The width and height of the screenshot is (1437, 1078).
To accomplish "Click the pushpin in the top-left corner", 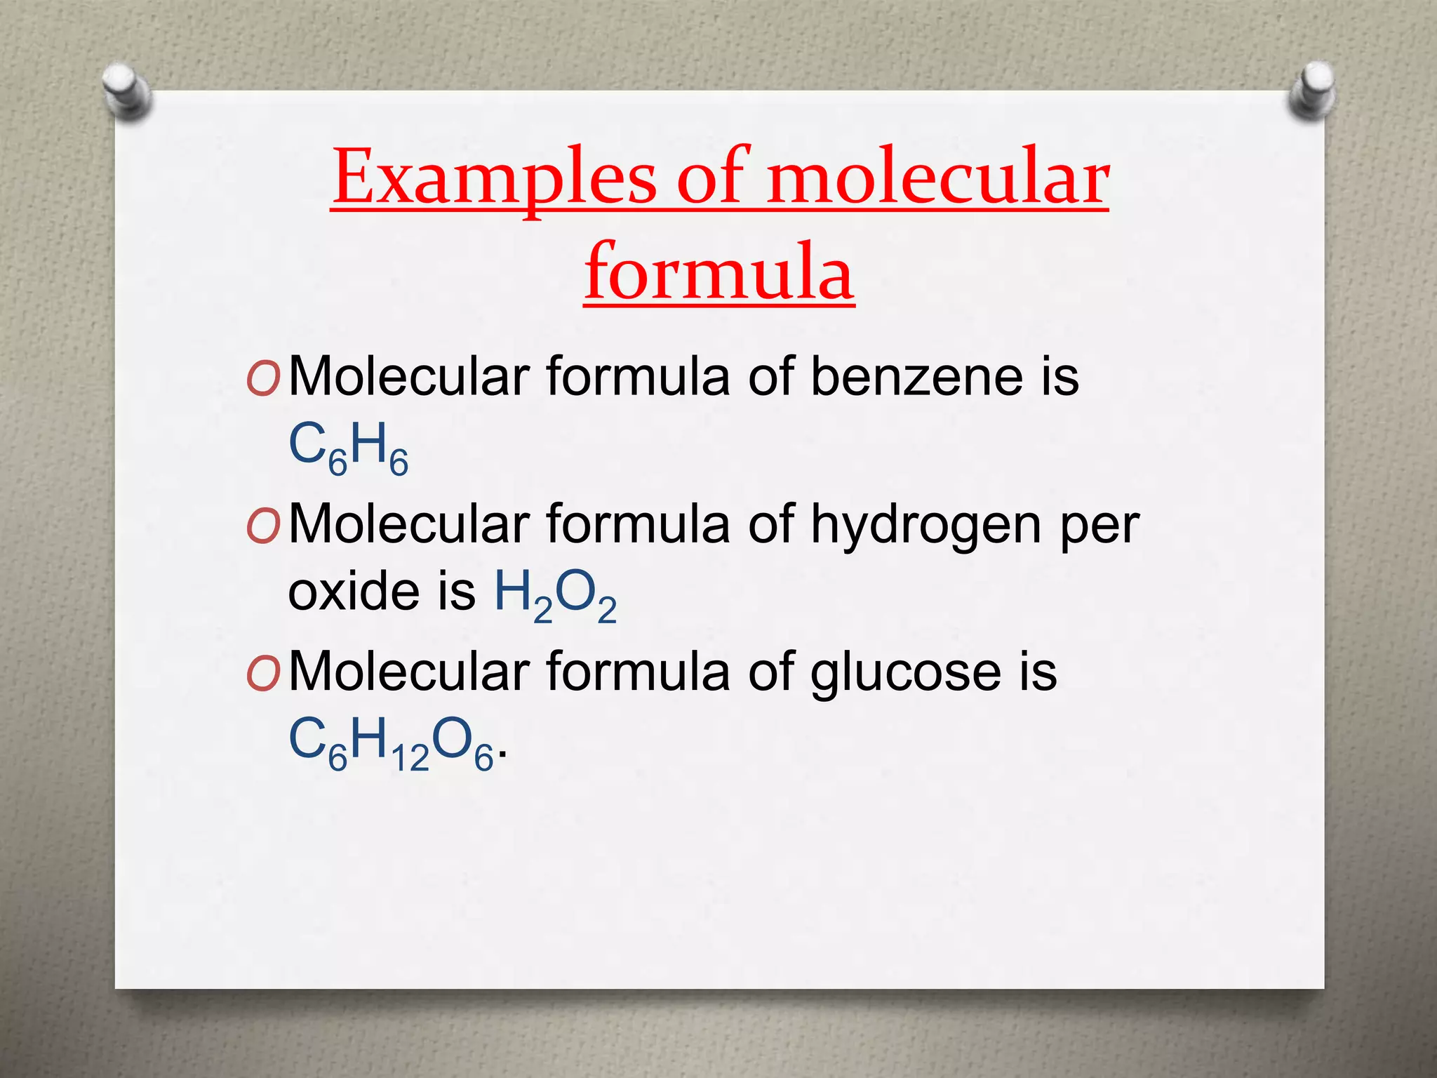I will tap(126, 91).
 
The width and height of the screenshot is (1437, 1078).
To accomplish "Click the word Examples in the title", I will tap(494, 178).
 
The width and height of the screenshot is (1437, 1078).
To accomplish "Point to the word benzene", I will tap(916, 377).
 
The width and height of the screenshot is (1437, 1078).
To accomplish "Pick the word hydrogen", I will tap(926, 525).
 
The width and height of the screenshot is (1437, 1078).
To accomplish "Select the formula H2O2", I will tap(555, 595).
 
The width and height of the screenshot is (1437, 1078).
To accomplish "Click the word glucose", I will tap(906, 672).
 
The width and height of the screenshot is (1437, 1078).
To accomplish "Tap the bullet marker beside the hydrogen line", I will tap(263, 527).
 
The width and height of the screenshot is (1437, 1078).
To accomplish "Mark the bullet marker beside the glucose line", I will tap(263, 674).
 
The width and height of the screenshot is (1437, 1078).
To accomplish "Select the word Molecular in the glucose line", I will tap(409, 672).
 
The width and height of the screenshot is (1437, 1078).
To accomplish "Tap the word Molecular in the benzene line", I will tap(409, 377).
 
